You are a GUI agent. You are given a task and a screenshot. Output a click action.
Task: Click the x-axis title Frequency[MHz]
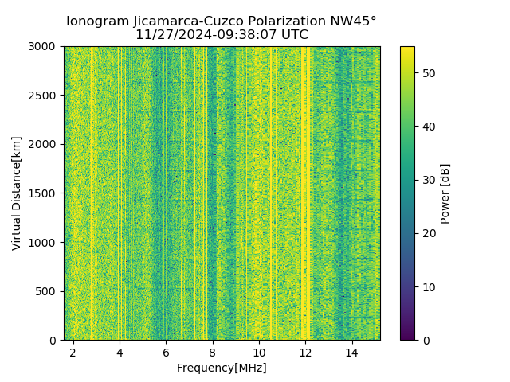pyautogui.click(x=222, y=368)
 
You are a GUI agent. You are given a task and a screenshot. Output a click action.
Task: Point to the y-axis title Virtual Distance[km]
pyautogui.click(x=17, y=193)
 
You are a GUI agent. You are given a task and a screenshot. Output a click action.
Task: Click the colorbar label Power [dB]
pyautogui.click(x=445, y=193)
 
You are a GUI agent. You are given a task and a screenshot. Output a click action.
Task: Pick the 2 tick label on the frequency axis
pyautogui.click(x=73, y=352)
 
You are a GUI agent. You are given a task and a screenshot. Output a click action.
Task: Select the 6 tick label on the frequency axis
pyautogui.click(x=166, y=352)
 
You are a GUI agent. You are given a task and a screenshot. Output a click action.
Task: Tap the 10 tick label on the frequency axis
pyautogui.click(x=259, y=352)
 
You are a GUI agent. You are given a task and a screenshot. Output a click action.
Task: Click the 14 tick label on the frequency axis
pyautogui.click(x=351, y=352)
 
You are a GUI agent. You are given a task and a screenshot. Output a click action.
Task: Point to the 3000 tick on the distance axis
pyautogui.click(x=45, y=47)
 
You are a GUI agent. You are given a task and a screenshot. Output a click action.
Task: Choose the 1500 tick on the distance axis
pyautogui.click(x=45, y=193)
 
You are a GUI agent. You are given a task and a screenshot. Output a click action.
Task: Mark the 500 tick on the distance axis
pyautogui.click(x=49, y=291)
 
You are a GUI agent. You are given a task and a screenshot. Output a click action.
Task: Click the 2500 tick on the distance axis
pyautogui.click(x=45, y=95)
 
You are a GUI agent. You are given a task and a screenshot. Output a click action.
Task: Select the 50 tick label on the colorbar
pyautogui.click(x=426, y=73)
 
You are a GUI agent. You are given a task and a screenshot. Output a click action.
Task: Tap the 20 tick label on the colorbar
pyautogui.click(x=426, y=233)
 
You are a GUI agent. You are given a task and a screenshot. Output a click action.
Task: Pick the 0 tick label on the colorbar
pyautogui.click(x=423, y=340)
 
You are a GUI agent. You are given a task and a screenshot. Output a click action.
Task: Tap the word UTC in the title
pyautogui.click(x=294, y=35)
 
